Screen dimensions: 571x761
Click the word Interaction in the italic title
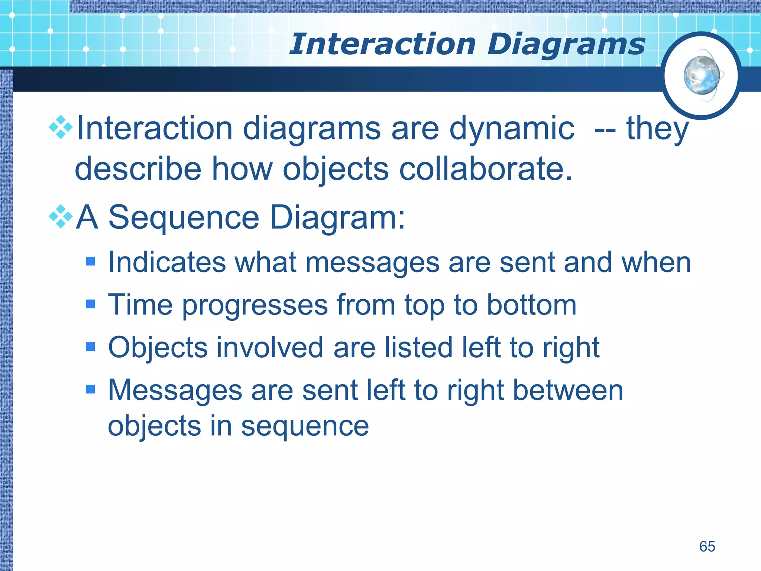point(383,45)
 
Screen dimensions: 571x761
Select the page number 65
point(707,546)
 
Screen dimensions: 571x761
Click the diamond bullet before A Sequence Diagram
point(61,217)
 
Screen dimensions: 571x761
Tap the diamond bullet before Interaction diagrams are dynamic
point(61,128)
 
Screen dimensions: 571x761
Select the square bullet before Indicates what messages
point(90,262)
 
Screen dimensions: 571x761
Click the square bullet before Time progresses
point(90,304)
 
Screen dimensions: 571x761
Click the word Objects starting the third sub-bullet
point(158,348)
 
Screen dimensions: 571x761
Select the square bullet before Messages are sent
point(90,390)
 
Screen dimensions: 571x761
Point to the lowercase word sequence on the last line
point(305,427)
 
